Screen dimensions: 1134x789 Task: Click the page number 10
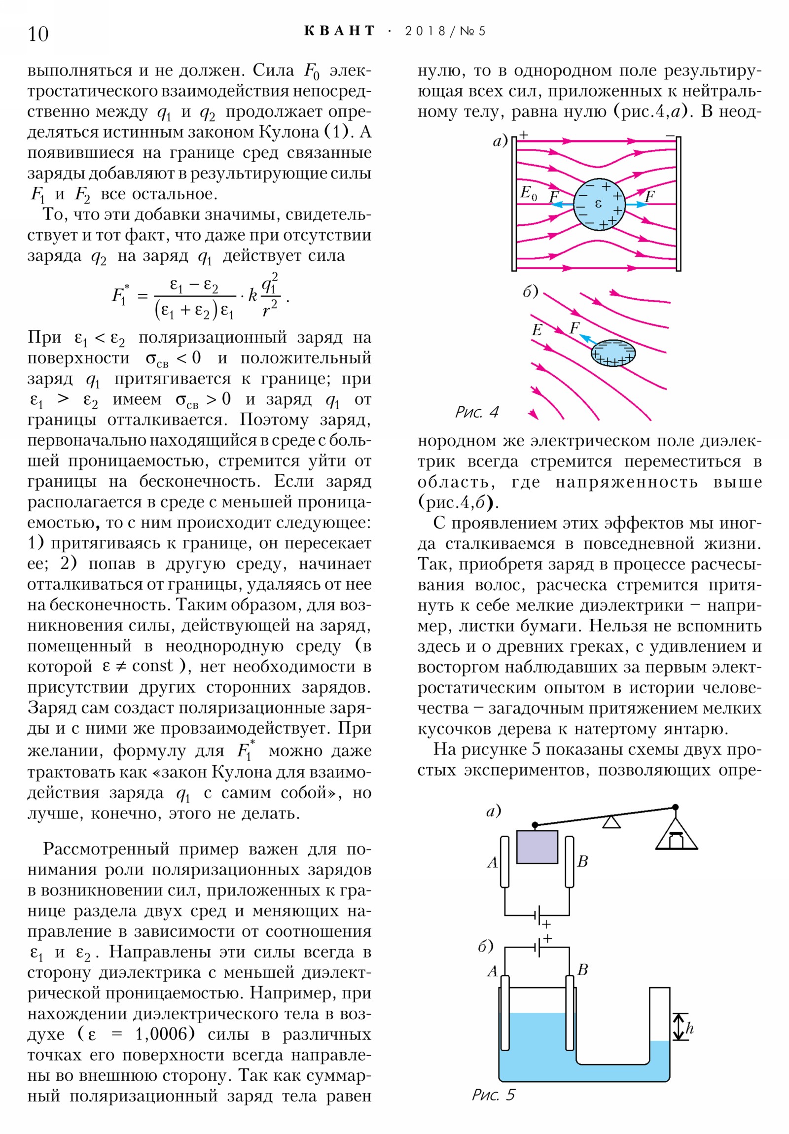[38, 34]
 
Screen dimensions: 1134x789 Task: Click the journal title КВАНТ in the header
[340, 31]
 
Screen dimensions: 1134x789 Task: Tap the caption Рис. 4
[477, 412]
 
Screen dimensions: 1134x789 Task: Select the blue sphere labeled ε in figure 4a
[599, 204]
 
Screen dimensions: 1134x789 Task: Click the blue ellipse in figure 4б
[613, 353]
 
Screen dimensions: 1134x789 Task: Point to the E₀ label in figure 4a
[528, 193]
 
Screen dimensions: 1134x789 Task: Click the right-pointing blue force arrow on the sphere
[637, 204]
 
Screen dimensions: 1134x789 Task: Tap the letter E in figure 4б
[537, 330]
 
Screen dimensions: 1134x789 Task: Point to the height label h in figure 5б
[690, 1028]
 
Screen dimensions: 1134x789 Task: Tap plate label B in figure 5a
[582, 861]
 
